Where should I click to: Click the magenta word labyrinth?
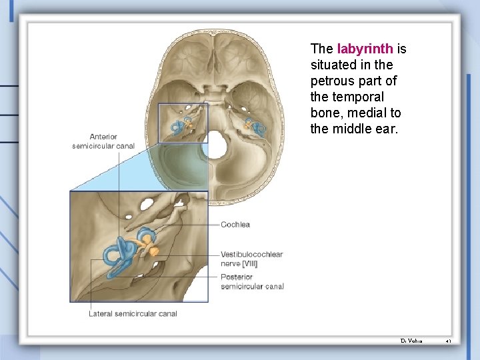pyautogui.click(x=365, y=49)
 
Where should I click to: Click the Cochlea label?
pyautogui.click(x=235, y=225)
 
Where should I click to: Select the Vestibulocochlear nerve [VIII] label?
pyautogui.click(x=251, y=259)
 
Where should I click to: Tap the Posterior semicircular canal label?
pyautogui.click(x=252, y=282)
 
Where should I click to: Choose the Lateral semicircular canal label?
pyautogui.click(x=133, y=313)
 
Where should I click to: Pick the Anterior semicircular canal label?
pyautogui.click(x=103, y=141)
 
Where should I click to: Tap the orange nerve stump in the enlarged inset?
pyautogui.click(x=154, y=251)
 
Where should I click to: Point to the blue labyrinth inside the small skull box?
pyautogui.click(x=179, y=127)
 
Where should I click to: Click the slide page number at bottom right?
pyautogui.click(x=449, y=341)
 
